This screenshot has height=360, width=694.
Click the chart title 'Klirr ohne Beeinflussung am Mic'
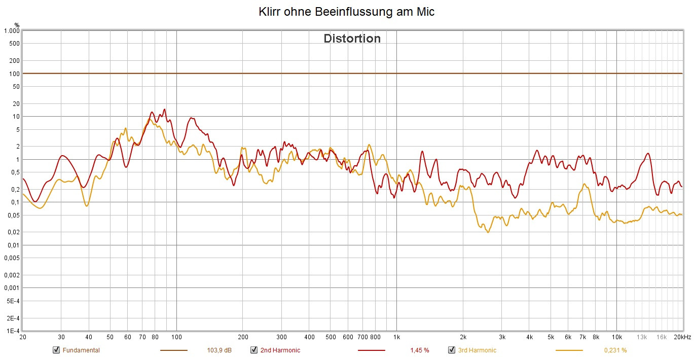(x=347, y=12)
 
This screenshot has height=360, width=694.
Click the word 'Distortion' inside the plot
(x=352, y=39)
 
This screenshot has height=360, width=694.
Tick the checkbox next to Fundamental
(x=56, y=350)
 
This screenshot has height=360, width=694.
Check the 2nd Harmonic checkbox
(x=254, y=350)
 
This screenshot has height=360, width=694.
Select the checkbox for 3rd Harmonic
(x=451, y=350)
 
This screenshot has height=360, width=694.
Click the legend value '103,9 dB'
(x=220, y=350)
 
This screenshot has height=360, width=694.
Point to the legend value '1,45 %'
(x=419, y=350)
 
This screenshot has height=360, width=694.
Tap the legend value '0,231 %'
(x=615, y=350)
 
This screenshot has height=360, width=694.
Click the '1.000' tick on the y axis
(x=11, y=31)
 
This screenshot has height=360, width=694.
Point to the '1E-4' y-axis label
(x=13, y=331)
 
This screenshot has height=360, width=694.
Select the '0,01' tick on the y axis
(x=13, y=245)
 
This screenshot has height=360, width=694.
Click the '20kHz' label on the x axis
(x=682, y=337)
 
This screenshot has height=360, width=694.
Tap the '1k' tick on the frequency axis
(x=396, y=337)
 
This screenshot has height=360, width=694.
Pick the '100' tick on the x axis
(x=176, y=337)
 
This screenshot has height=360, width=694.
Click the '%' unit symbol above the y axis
(x=17, y=24)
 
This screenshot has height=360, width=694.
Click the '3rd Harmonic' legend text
(x=477, y=350)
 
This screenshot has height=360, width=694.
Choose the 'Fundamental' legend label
(x=81, y=350)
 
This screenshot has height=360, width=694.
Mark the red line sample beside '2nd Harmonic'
(x=372, y=350)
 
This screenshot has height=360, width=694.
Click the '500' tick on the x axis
(x=331, y=337)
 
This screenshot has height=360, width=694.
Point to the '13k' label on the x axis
(x=642, y=337)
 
